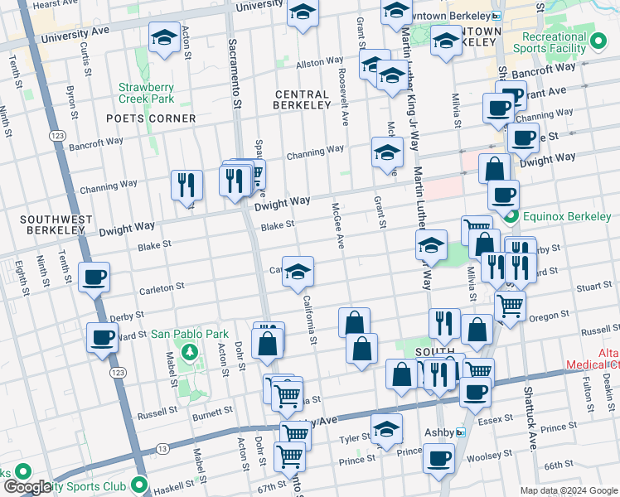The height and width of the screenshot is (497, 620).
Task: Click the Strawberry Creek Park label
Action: pyautogui.click(x=146, y=93)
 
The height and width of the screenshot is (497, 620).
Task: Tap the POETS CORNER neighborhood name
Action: pyautogui.click(x=151, y=118)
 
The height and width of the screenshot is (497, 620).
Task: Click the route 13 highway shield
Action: pyautogui.click(x=162, y=449)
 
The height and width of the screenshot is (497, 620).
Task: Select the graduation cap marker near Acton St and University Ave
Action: pyautogui.click(x=164, y=37)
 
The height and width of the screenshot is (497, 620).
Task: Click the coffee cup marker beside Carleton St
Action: pyautogui.click(x=94, y=276)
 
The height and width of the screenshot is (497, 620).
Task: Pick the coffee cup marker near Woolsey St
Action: pyautogui.click(x=438, y=457)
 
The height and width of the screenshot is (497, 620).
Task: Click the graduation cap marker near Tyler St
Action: pyautogui.click(x=386, y=428)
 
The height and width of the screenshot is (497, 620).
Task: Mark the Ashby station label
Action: pyautogui.click(x=439, y=432)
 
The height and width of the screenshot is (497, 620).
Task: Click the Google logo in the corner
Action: pyautogui.click(x=27, y=487)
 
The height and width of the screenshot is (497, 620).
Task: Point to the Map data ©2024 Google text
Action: pyautogui.click(x=568, y=490)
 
